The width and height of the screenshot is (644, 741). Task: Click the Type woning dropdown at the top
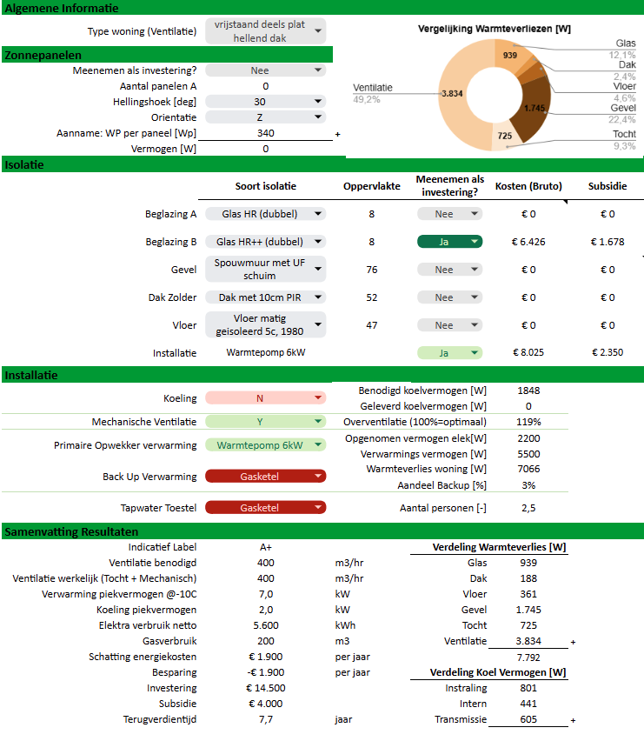(265, 31)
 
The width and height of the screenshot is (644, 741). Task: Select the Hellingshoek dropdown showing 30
(265, 102)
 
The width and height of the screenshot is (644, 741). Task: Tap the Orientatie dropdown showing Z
(265, 117)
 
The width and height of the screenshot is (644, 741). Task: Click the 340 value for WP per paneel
(266, 133)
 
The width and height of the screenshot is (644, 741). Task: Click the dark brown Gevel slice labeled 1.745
(535, 110)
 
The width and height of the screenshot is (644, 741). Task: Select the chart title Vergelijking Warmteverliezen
(495, 29)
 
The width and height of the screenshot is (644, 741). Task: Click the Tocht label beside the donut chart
(624, 134)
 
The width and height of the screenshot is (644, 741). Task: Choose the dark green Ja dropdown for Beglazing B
(449, 242)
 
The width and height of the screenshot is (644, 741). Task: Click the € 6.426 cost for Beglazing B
(528, 242)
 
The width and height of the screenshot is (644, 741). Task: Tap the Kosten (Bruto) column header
(528, 186)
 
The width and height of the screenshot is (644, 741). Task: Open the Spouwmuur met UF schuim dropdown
(265, 270)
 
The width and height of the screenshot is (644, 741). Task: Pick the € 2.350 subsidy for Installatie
(607, 352)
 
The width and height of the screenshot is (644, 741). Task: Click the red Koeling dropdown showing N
(265, 398)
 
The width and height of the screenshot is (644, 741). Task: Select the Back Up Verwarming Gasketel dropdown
(265, 477)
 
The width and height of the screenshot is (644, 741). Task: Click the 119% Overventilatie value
(528, 422)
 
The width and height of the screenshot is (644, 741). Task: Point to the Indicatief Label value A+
(266, 547)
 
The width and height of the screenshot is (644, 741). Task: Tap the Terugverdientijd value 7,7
(266, 719)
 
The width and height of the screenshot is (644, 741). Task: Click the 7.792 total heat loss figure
(528, 658)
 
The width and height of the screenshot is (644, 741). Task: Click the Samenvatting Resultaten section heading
(71, 531)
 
